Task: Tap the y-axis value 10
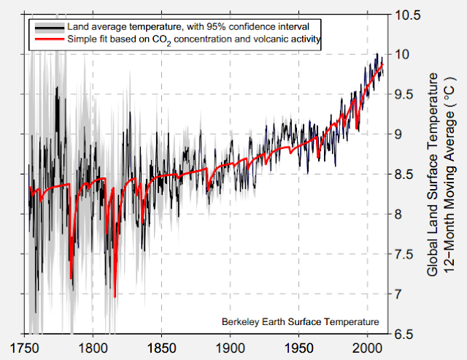(x=401, y=55)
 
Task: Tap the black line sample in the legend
(x=49, y=26)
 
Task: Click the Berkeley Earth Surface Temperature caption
(x=300, y=321)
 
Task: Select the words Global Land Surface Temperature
(x=432, y=174)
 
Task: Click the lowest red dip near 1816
(x=115, y=296)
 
